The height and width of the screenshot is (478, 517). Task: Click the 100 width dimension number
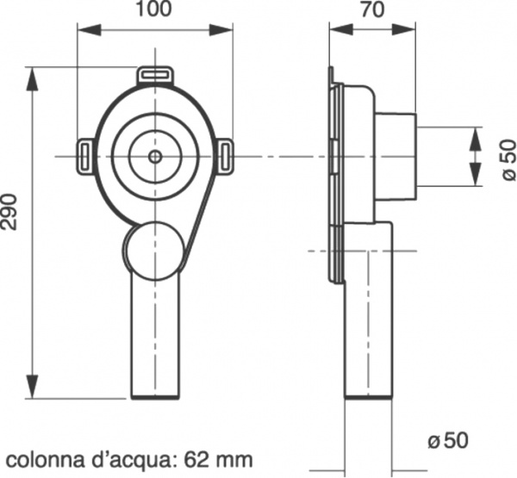(x=154, y=9)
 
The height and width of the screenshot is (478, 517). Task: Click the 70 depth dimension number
(x=373, y=9)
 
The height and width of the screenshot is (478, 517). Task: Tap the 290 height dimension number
(x=9, y=212)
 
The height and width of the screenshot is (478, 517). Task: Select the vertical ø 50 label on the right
(x=508, y=160)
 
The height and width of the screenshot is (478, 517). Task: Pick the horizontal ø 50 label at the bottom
(x=448, y=440)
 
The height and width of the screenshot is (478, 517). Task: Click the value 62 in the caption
(x=196, y=460)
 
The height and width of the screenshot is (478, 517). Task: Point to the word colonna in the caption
(x=45, y=460)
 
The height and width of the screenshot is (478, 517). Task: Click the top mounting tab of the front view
(x=155, y=76)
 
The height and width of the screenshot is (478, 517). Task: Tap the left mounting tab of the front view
(x=85, y=156)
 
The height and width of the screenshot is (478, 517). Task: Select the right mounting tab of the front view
(x=225, y=156)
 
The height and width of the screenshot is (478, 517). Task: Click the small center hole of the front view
(x=155, y=157)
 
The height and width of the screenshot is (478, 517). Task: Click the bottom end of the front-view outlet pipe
(x=155, y=397)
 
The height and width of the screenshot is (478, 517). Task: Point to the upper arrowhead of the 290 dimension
(x=33, y=78)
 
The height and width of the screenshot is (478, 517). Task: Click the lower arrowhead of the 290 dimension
(x=33, y=387)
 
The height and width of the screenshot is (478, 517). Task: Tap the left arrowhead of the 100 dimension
(x=89, y=29)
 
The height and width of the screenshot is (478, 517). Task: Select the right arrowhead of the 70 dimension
(x=404, y=29)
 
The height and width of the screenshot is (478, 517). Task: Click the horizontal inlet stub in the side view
(x=396, y=157)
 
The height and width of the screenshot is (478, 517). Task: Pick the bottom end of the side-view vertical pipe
(x=369, y=397)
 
